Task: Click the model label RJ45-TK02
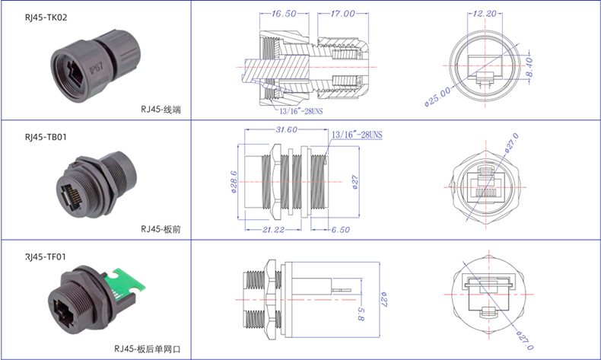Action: pos(46,17)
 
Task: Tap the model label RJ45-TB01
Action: pos(46,138)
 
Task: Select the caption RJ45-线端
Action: pos(161,110)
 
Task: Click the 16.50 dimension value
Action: pos(283,14)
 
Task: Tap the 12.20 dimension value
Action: pos(484,14)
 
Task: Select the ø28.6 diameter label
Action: pos(234,182)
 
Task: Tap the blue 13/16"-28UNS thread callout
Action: pos(357,135)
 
